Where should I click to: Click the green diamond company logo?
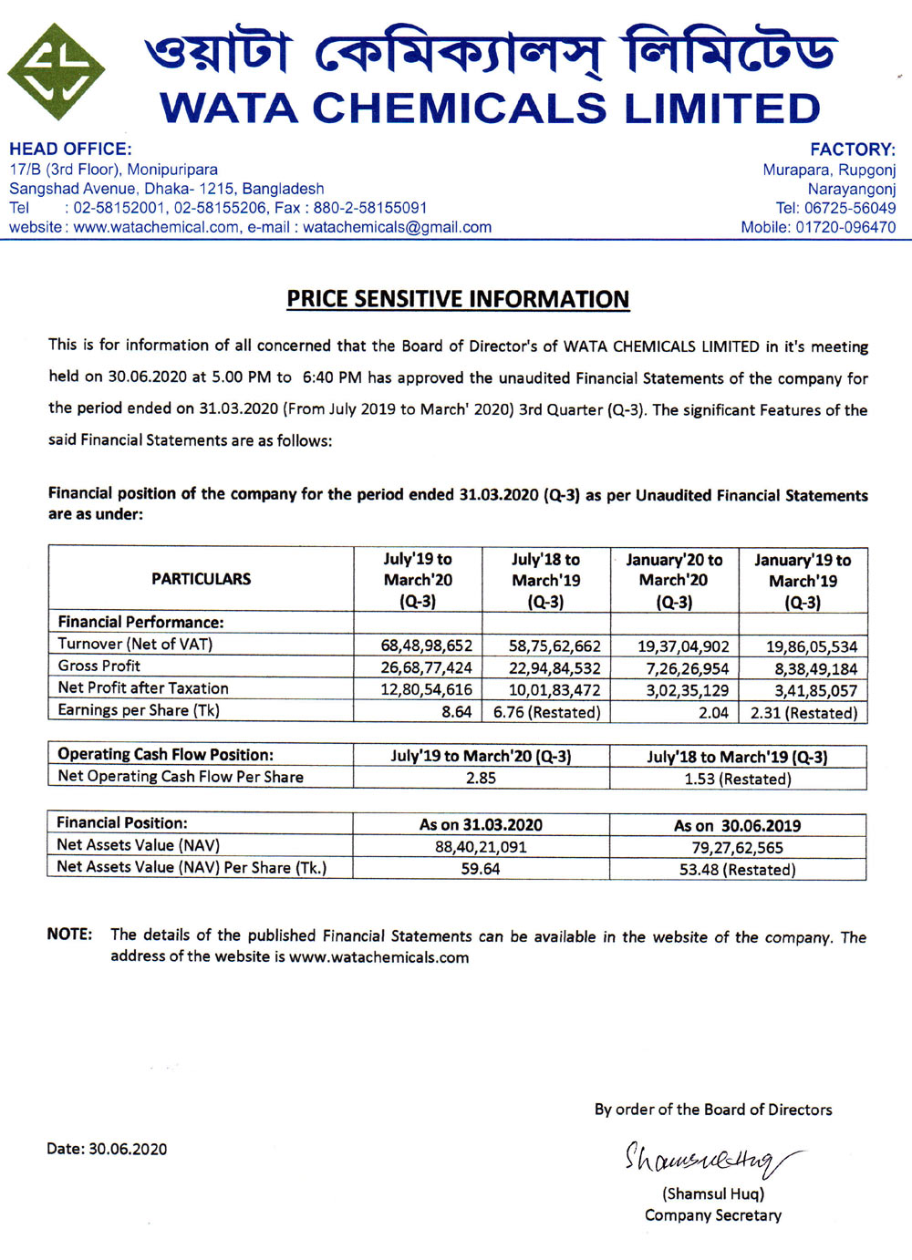[56, 72]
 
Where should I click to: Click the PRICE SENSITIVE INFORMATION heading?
[458, 299]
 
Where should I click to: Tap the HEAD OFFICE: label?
[70, 149]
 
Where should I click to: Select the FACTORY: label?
[853, 150]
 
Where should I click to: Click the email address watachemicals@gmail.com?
[397, 227]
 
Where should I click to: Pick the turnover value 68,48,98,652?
[426, 645]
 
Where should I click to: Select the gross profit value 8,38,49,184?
[812, 668]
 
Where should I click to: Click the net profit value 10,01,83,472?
[554, 690]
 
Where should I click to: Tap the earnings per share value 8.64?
[456, 712]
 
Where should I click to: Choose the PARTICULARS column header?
[201, 579]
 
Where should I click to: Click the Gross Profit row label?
[98, 666]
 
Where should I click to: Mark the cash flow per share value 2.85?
[481, 778]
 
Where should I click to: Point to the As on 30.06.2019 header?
[737, 825]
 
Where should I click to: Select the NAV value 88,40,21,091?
[481, 847]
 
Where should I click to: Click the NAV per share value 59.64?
[481, 869]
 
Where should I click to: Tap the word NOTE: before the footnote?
[69, 935]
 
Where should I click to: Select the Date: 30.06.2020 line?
[107, 1149]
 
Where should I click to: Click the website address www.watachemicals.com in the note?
[378, 957]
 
